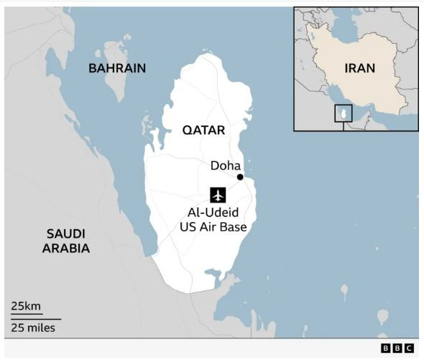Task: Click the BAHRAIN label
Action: (116, 68)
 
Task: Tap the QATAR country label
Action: (203, 130)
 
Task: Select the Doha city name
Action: (225, 165)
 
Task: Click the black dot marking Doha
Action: (240, 177)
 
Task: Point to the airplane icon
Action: (218, 195)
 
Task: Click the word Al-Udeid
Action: (213, 214)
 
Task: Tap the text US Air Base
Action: (213, 228)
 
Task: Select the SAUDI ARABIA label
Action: (65, 241)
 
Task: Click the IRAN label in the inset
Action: (359, 69)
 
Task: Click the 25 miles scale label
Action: (33, 328)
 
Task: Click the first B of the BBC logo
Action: (385, 349)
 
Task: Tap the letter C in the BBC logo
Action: (409, 349)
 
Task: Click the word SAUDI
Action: (65, 234)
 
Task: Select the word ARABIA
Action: (65, 249)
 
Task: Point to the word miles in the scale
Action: (41, 328)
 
